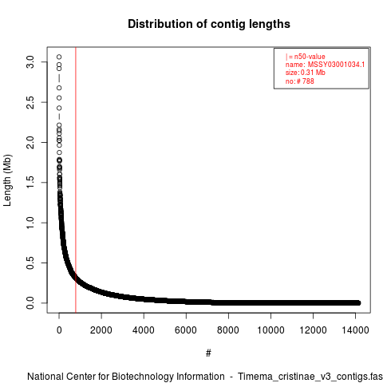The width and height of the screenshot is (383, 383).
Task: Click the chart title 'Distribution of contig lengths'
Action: (209, 24)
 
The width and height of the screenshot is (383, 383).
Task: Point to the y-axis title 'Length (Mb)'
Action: (7, 180)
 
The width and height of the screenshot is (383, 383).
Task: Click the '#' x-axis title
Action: (208, 353)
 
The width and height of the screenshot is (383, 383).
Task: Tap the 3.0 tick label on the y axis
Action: (30, 62)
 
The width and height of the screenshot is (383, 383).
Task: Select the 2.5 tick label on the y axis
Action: (30, 102)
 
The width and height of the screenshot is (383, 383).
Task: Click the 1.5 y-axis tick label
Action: (30, 183)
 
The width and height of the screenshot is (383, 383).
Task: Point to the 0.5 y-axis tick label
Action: (30, 263)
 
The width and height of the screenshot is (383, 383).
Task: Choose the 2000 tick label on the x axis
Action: (101, 330)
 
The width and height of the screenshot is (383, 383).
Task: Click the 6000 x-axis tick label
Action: (186, 330)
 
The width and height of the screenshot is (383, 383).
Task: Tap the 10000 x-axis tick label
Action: (270, 330)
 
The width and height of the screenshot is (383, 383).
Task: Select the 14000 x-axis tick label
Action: (355, 330)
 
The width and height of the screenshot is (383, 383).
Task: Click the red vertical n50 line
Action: (76, 180)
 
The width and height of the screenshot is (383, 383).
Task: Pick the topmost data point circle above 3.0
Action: (59, 57)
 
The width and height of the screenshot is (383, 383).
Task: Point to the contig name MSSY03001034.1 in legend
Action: (336, 65)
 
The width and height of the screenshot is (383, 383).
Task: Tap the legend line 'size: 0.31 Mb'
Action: (306, 73)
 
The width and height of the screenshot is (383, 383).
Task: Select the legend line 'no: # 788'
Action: (300, 81)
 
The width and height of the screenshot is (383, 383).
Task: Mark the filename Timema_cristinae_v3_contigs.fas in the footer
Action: (310, 377)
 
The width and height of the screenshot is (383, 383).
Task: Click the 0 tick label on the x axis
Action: (59, 330)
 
